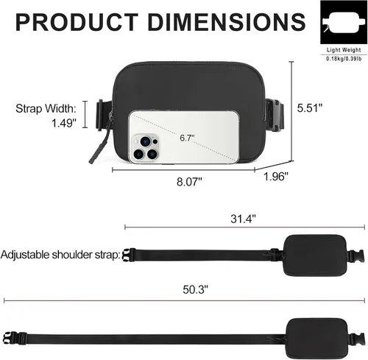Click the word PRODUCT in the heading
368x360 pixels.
tap(77, 22)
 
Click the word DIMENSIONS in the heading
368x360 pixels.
tap(227, 22)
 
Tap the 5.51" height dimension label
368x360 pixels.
tap(309, 108)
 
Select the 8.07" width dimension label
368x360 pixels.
tap(189, 182)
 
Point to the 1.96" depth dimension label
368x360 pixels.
tap(276, 176)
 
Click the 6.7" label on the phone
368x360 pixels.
tap(187, 138)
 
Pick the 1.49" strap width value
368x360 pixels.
tap(64, 123)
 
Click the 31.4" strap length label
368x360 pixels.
tap(243, 219)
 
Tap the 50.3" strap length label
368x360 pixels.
tap(195, 289)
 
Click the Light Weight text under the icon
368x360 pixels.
tap(344, 50)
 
